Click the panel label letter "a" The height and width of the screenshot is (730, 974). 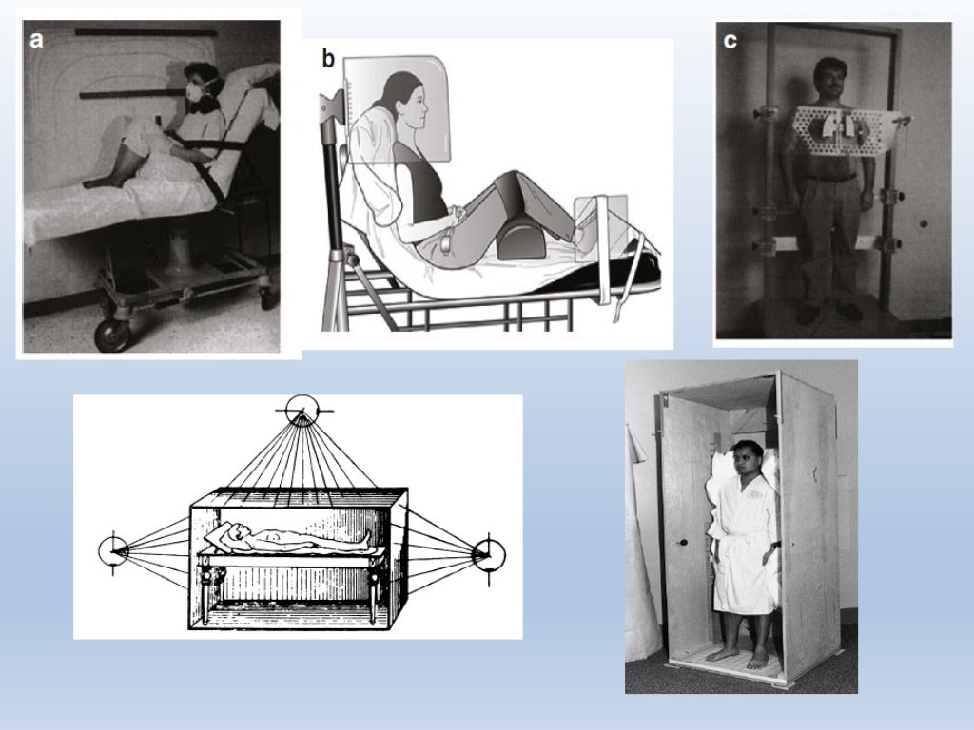(x=37, y=40)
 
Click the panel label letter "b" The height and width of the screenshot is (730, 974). (x=328, y=61)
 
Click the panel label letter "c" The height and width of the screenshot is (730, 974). (x=730, y=42)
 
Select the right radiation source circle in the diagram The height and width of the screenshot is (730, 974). (x=490, y=553)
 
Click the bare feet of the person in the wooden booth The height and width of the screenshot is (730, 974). (x=739, y=657)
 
